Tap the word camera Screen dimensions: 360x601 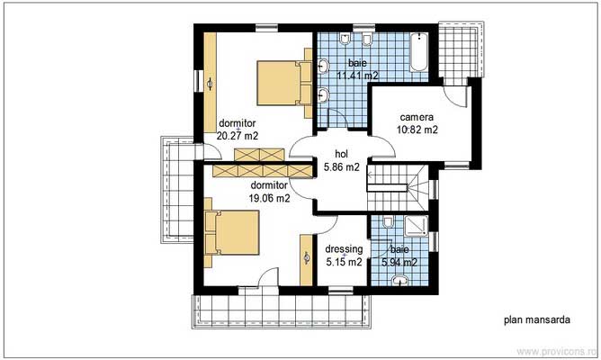417,117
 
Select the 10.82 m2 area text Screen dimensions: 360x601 417,130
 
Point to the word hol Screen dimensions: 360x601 341,154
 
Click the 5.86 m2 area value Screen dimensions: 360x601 341,166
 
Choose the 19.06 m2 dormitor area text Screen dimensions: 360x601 269,198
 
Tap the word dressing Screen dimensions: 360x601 345,249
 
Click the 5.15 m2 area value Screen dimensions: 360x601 345,263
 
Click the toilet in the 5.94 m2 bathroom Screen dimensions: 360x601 387,222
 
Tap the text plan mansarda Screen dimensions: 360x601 536,319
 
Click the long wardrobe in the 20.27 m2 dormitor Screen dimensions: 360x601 210,85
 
